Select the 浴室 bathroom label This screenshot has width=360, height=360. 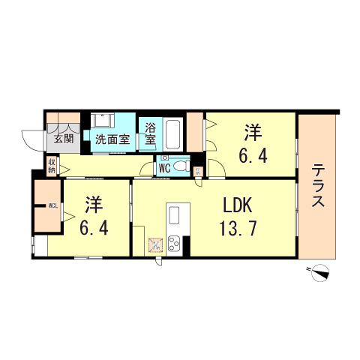coord(150,133)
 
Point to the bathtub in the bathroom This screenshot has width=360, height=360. coord(173,133)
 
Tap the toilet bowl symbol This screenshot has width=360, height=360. coord(181,166)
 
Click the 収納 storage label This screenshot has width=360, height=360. coord(52,165)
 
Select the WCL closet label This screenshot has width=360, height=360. coord(53,205)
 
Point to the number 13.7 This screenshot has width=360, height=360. coord(239,227)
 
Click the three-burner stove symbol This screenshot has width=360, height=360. coord(175,244)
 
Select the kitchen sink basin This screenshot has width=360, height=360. coord(175,214)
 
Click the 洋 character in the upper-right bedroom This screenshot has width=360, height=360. coord(253,133)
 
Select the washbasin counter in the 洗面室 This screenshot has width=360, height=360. coord(103,121)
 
